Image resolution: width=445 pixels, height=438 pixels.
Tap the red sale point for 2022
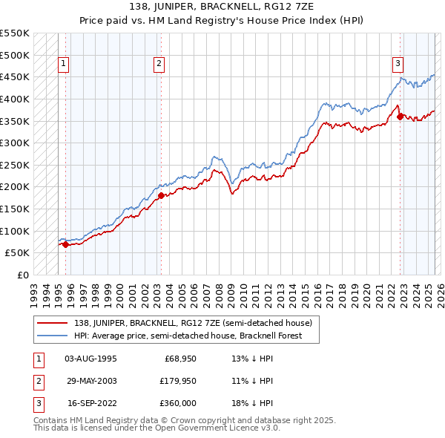tap(400, 116)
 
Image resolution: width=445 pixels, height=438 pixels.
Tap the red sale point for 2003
tap(161, 195)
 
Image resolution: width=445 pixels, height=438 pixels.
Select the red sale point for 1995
tap(65, 243)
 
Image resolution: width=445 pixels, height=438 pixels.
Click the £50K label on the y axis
tap(17, 253)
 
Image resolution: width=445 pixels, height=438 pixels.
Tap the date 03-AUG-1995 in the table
tap(90, 359)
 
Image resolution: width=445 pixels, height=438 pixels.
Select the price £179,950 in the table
tap(179, 381)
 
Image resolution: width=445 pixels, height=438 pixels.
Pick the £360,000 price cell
tap(179, 403)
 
